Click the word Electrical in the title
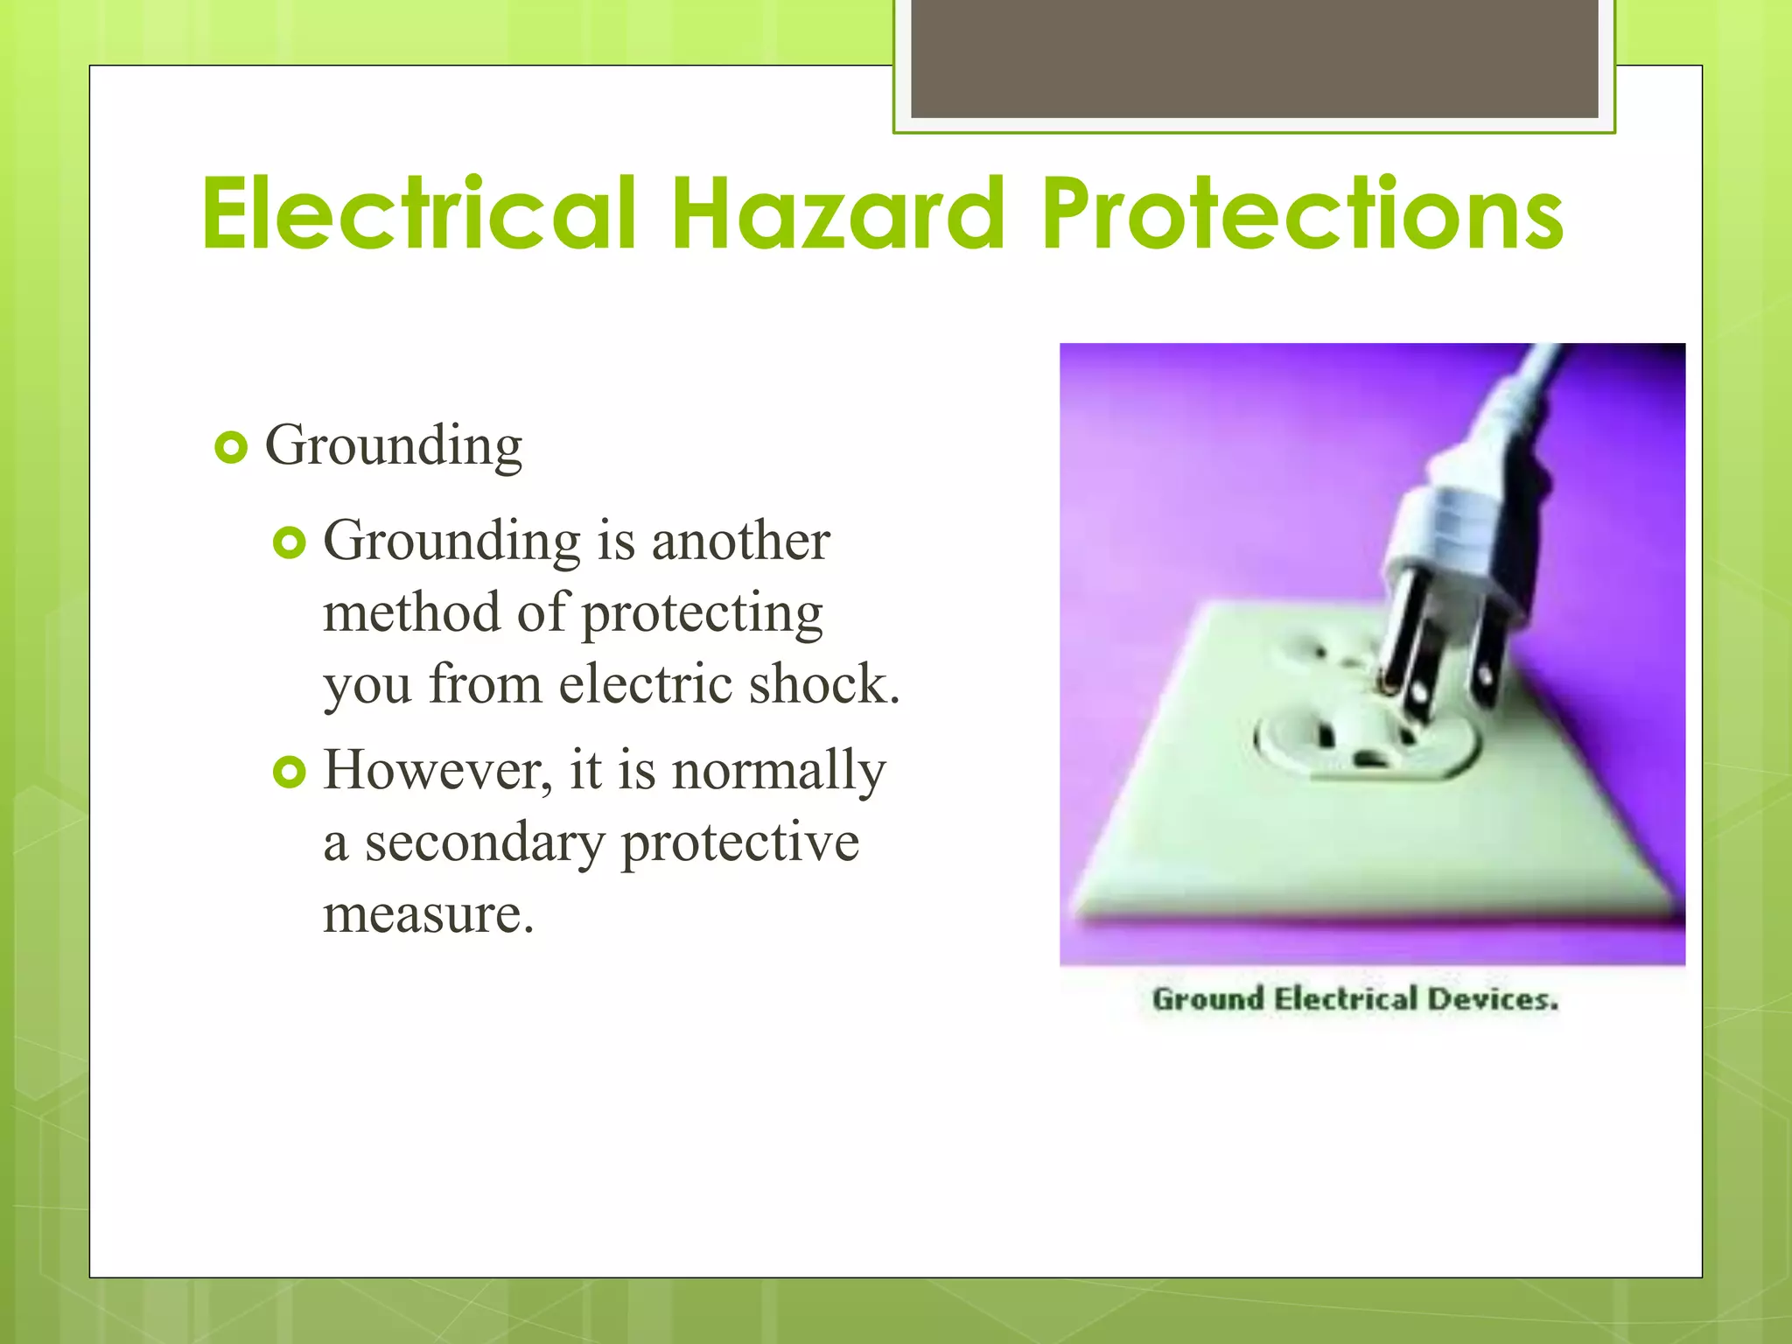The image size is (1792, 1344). coord(418,213)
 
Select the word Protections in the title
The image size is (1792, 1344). coord(1302,213)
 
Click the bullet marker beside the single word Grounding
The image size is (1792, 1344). coord(231,448)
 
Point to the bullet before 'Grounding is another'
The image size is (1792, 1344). coord(290,543)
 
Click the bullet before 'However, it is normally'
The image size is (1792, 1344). coord(290,773)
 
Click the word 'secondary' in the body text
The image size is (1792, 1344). coord(485,843)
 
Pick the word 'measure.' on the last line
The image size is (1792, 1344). coord(428,915)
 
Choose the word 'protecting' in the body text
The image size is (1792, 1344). coord(703,614)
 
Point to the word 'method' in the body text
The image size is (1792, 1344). coord(411,612)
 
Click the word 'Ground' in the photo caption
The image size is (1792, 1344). coord(1207,999)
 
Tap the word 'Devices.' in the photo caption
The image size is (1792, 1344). coord(1493,999)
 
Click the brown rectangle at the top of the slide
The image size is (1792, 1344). coord(1254,58)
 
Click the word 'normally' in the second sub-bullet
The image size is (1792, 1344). coord(779,772)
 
